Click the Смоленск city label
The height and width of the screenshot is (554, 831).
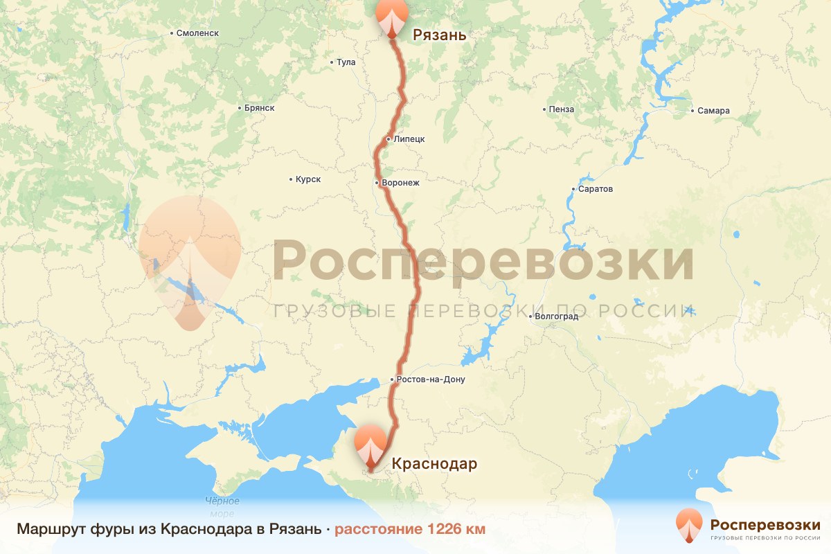click(x=197, y=33)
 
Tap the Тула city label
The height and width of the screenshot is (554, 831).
click(x=346, y=62)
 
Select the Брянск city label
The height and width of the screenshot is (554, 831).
click(x=260, y=108)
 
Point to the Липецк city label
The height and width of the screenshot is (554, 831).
click(x=409, y=139)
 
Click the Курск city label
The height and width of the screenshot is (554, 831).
click(x=308, y=179)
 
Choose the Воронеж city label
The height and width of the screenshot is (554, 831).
click(x=400, y=183)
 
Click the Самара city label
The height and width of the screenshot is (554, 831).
click(x=713, y=111)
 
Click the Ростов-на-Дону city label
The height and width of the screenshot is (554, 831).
click(x=430, y=379)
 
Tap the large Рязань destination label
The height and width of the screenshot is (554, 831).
click(x=439, y=35)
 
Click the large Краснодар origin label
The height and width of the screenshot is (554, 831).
click(x=434, y=464)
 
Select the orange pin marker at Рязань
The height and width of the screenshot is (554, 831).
click(x=393, y=17)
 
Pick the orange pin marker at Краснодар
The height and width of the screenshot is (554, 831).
click(x=371, y=447)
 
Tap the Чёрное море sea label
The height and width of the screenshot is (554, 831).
click(x=222, y=507)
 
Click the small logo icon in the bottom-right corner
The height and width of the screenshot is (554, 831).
click(x=689, y=524)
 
